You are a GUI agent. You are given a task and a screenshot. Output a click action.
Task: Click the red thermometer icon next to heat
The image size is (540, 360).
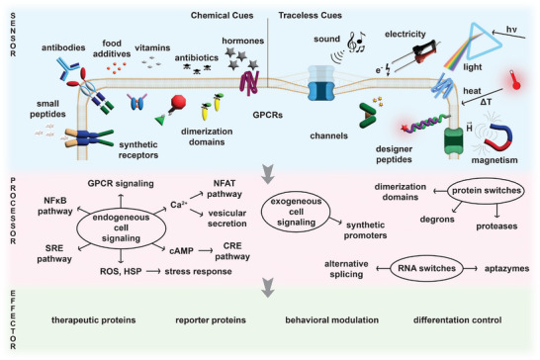tap(515, 81)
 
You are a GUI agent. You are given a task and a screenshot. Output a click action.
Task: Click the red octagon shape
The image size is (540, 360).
tap(178, 102)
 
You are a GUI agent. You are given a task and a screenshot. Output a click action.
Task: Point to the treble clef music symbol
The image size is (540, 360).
tap(352, 43)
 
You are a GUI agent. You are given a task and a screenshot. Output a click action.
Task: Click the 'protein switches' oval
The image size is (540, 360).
tap(486, 191)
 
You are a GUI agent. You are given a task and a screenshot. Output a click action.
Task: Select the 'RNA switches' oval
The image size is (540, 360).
tap(426, 268)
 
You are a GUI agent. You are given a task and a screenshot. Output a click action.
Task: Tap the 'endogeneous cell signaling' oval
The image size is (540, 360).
tap(121, 228)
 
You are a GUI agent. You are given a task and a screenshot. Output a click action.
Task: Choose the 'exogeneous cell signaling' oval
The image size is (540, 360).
tap(296, 212)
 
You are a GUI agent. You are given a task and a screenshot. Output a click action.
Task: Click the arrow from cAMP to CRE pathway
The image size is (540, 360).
tap(206, 251)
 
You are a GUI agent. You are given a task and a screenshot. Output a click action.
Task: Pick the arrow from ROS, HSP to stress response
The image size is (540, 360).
tap(153, 271)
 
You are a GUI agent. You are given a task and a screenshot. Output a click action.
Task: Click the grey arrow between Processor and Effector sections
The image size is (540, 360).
tap(268, 288)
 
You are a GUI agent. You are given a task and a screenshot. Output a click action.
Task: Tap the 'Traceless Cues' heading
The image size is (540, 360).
tap(310, 16)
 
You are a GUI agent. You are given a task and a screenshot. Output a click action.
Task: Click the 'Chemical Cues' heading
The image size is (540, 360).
tap(223, 16)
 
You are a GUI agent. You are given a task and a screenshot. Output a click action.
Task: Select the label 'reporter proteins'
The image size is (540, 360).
tap(211, 320)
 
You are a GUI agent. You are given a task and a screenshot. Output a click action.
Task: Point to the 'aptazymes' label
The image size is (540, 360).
tap(506, 269)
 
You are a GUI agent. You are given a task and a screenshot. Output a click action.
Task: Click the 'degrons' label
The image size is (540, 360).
tap(437, 220)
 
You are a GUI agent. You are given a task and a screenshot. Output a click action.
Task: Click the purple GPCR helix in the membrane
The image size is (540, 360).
tap(249, 83)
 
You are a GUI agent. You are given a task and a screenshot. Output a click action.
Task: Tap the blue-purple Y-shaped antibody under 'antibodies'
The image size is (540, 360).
tap(68, 68)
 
